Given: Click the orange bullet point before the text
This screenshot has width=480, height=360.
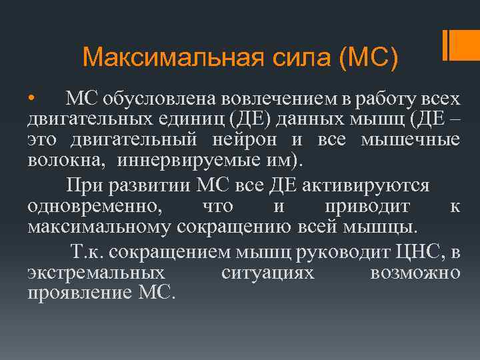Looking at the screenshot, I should tap(31, 99).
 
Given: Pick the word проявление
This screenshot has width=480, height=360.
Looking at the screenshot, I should tap(81, 293).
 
